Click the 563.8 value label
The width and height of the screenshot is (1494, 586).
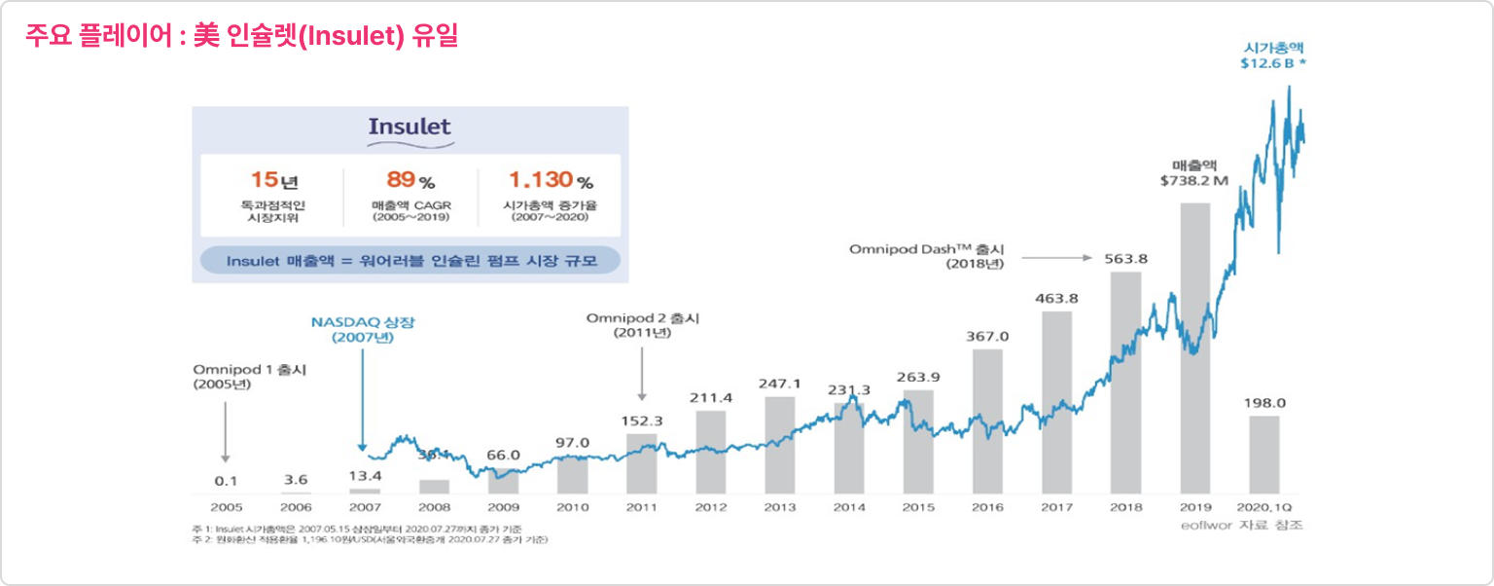tap(1125, 259)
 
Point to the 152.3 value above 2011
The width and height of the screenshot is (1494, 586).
tap(641, 421)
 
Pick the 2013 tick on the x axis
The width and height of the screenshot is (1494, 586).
tap(779, 507)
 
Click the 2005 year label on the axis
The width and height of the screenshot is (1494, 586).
tap(226, 507)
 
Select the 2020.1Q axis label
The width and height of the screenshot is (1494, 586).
tap(1263, 507)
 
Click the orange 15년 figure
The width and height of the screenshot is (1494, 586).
tap(271, 181)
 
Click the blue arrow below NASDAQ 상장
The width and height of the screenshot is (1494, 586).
tap(362, 399)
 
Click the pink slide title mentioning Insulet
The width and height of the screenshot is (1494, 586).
tap(241, 37)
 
